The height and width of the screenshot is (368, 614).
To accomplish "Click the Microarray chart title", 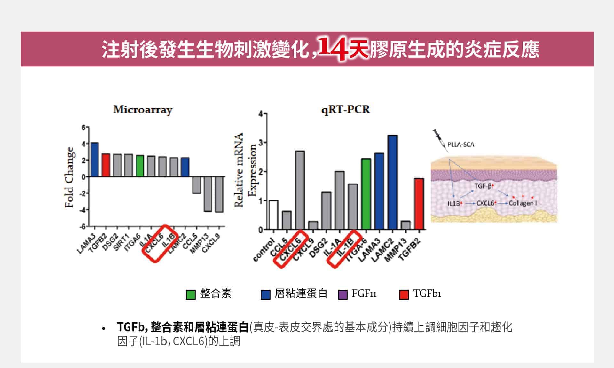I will pyautogui.click(x=143, y=110).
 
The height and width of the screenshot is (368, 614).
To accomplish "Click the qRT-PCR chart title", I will pyautogui.click(x=345, y=109).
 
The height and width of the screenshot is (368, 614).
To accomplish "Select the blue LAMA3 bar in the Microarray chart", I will pyautogui.click(x=94, y=160).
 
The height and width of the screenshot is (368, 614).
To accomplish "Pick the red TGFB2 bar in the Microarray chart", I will pyautogui.click(x=106, y=165).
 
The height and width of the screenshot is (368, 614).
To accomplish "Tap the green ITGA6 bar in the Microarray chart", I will pyautogui.click(x=140, y=166).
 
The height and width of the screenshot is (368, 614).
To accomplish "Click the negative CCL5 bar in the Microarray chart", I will pyautogui.click(x=196, y=185).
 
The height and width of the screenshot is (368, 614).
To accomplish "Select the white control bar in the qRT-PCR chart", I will pyautogui.click(x=273, y=215).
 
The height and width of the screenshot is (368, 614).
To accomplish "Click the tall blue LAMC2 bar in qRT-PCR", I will pyautogui.click(x=392, y=182).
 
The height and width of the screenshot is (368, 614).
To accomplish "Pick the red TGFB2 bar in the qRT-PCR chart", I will pyautogui.click(x=419, y=204).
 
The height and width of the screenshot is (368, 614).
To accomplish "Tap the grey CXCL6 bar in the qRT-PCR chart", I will pyautogui.click(x=300, y=190).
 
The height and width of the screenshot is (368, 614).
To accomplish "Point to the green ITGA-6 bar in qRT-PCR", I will pyautogui.click(x=366, y=194).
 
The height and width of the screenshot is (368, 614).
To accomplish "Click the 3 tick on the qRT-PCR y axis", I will pyautogui.click(x=261, y=143).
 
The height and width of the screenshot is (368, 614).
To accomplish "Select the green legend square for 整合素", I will pyautogui.click(x=191, y=294).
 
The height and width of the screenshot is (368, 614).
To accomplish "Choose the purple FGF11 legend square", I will pyautogui.click(x=342, y=294).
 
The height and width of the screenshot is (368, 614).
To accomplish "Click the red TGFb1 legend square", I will pyautogui.click(x=404, y=294).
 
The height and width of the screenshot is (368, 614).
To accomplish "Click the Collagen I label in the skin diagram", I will pyautogui.click(x=523, y=203).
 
